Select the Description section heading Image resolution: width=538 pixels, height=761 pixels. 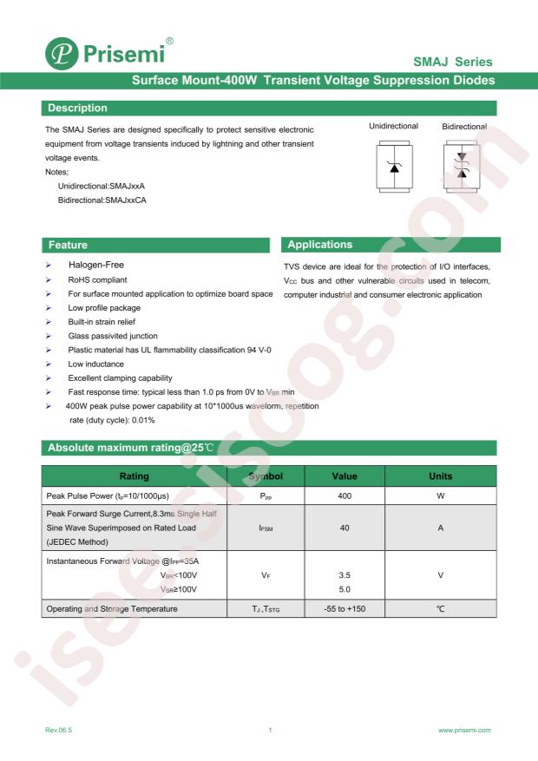(x=77, y=108)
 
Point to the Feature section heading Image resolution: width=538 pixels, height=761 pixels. (x=68, y=245)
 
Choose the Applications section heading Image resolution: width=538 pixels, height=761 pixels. (x=319, y=245)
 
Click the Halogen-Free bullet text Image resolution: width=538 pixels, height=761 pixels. (x=102, y=265)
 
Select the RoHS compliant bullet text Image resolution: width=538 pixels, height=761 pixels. (x=97, y=280)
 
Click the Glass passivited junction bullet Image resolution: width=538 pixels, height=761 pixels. (x=113, y=336)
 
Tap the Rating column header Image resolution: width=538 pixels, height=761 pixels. (x=133, y=476)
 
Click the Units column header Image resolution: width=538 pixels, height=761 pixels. (x=441, y=476)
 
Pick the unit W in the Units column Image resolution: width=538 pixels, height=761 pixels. (x=441, y=495)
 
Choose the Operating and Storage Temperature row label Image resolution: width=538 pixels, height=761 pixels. (x=111, y=609)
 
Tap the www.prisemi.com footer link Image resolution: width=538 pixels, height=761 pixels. (x=465, y=731)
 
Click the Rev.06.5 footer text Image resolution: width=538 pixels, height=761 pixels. (x=59, y=731)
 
